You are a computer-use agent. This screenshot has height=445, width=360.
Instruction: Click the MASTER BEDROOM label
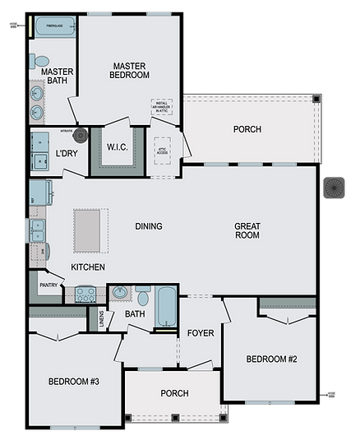[130, 70]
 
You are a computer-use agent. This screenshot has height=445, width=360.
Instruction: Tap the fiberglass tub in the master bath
[54, 26]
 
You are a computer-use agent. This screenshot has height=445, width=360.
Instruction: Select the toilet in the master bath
[41, 61]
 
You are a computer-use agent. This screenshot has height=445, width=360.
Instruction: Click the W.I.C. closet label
[117, 148]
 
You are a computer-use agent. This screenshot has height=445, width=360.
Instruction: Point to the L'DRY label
[67, 154]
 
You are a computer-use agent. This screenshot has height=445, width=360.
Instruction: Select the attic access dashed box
[161, 148]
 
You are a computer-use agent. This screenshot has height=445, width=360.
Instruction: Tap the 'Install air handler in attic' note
[161, 108]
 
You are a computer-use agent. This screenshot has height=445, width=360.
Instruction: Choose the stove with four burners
[85, 294]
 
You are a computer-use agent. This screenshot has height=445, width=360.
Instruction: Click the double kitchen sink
[38, 229]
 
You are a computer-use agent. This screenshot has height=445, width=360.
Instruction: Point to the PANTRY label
[47, 285]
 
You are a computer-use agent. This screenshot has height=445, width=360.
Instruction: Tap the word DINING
[149, 226]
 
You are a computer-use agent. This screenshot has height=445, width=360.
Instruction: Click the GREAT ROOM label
[247, 230]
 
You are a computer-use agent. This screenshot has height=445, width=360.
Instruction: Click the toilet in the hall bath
[143, 295]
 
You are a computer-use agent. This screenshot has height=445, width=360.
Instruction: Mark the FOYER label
[200, 333]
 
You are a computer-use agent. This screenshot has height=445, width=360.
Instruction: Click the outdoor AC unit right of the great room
[335, 189]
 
